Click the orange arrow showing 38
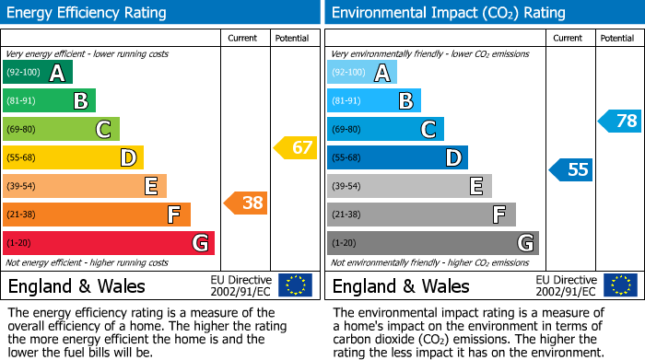246,203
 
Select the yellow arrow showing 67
295,147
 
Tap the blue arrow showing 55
571,169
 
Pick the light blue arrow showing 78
620,121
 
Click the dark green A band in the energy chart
38,73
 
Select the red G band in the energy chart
109,243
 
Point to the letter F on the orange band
173,215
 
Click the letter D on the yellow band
126,158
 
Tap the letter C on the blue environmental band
428,130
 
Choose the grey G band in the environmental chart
433,243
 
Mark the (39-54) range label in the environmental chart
347,187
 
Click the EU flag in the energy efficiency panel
295,285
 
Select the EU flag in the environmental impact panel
620,285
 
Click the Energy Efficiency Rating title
88,13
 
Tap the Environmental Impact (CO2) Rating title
448,13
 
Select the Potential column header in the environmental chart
617,38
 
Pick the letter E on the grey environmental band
476,187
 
